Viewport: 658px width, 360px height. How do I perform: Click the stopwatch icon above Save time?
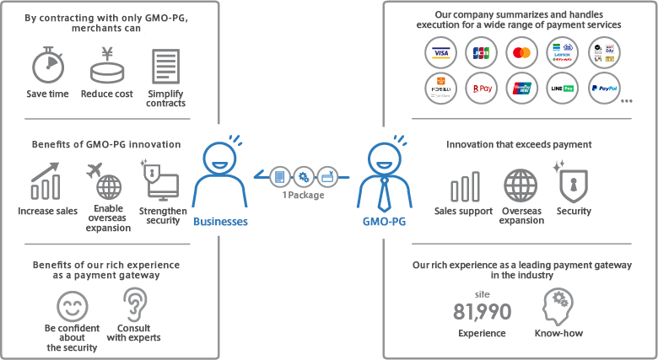click(47, 66)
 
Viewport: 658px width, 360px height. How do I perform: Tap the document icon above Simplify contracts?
click(165, 66)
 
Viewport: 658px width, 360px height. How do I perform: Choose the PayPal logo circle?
click(604, 88)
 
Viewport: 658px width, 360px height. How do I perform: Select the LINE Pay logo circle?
click(563, 88)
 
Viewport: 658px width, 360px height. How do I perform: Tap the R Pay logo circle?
click(481, 88)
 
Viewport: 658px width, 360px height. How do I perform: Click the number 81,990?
click(482, 311)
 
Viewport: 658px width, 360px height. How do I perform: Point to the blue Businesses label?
click(220, 222)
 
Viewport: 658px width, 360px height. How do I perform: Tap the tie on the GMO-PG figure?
click(384, 194)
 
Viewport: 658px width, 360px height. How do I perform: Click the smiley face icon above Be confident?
click(73, 304)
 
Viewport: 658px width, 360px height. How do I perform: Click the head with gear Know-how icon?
click(558, 307)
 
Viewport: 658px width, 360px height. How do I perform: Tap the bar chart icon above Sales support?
click(465, 185)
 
